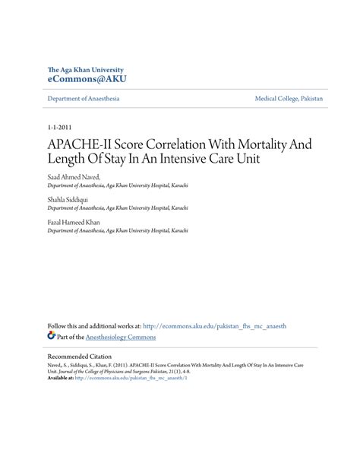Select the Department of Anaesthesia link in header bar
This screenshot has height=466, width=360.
coord(83,99)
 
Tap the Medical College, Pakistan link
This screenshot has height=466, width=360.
coord(289,99)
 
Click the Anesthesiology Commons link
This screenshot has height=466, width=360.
coord(122,337)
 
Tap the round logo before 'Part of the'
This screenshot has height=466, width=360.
coord(51,336)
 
